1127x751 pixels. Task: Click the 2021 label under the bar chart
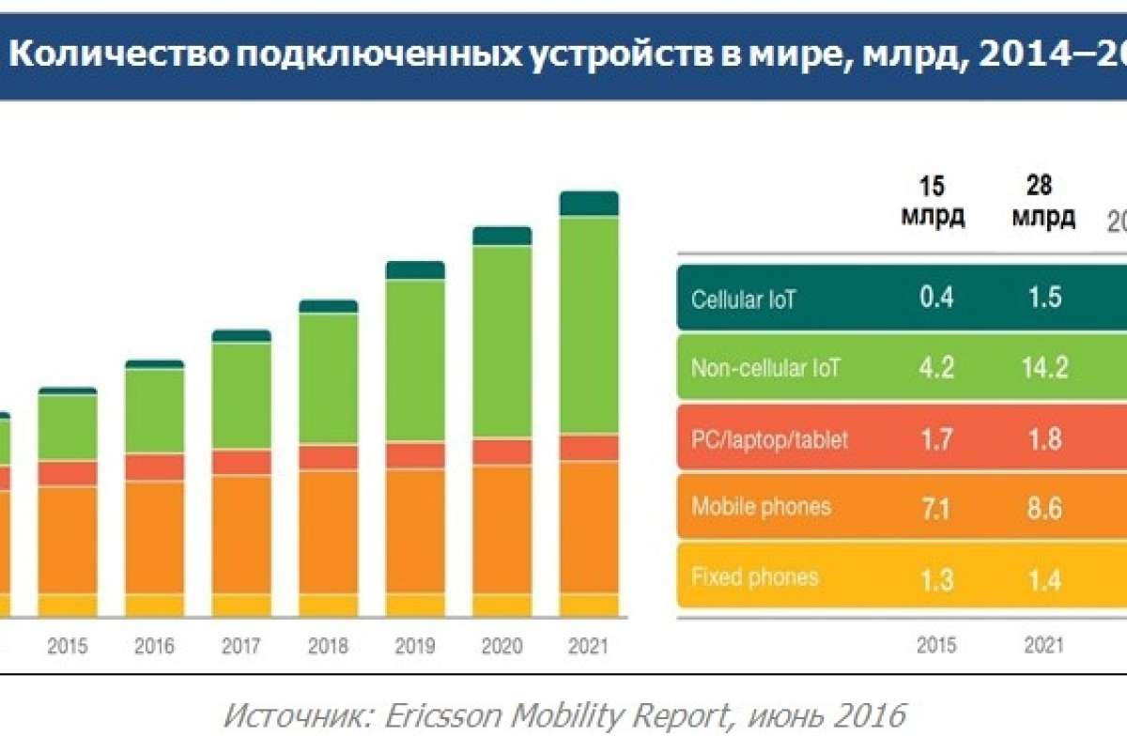click(588, 647)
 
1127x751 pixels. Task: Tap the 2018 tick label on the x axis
click(329, 647)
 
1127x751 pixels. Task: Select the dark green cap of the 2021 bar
click(589, 203)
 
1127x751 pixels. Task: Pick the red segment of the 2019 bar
click(415, 455)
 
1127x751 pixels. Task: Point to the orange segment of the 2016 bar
click(155, 536)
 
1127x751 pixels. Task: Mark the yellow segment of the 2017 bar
click(241, 605)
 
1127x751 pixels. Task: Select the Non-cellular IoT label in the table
click(765, 368)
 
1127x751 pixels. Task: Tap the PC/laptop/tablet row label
click(769, 438)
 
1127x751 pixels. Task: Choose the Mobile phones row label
click(761, 507)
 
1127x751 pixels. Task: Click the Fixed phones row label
click(754, 576)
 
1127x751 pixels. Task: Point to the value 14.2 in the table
click(1044, 368)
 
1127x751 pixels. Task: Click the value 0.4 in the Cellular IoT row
click(936, 299)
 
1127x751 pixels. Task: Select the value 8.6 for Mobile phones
click(1044, 508)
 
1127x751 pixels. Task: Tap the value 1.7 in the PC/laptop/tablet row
click(936, 438)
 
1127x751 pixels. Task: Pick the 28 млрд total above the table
click(1044, 202)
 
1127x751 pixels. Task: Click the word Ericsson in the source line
click(447, 716)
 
